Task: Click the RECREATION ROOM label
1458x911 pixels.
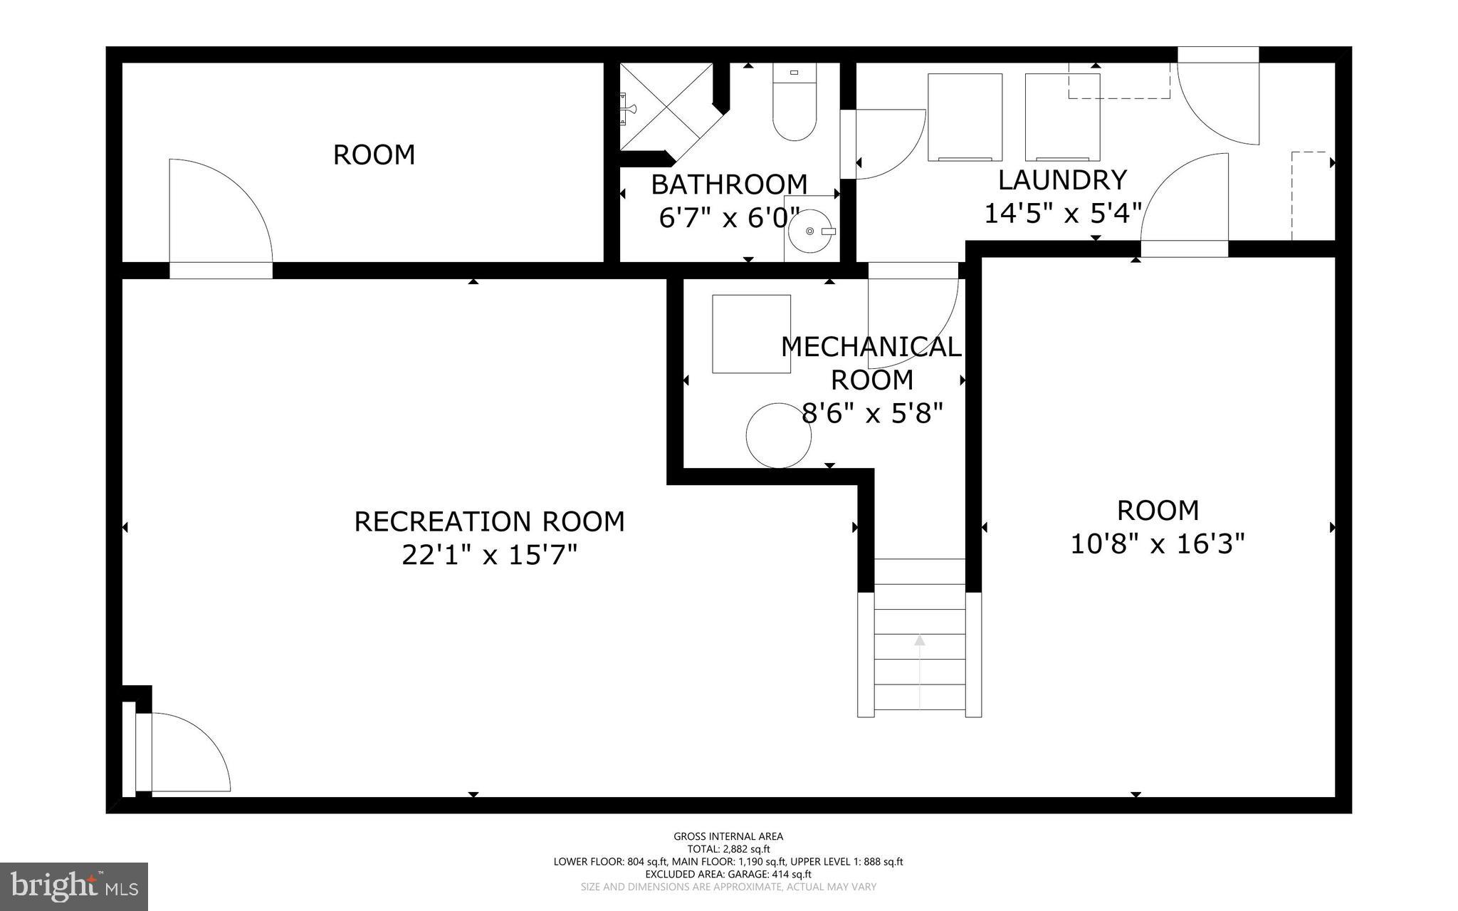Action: point(489,521)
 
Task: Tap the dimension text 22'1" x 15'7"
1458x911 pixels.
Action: point(489,555)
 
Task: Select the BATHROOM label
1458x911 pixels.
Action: point(729,184)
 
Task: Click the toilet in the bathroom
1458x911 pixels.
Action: point(794,107)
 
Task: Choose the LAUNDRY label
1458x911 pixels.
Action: point(1062,180)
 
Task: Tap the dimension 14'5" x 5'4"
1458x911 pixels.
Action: point(1062,213)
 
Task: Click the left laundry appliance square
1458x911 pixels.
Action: point(965,117)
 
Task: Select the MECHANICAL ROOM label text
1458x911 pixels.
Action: point(871,363)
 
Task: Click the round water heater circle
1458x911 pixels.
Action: point(779,435)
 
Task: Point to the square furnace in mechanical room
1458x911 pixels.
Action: point(751,333)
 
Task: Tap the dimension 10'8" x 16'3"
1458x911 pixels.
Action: point(1158,545)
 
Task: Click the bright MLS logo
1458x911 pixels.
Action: point(74,886)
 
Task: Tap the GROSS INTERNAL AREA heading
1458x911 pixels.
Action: point(728,836)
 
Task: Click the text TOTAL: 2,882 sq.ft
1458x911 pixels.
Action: point(728,849)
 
